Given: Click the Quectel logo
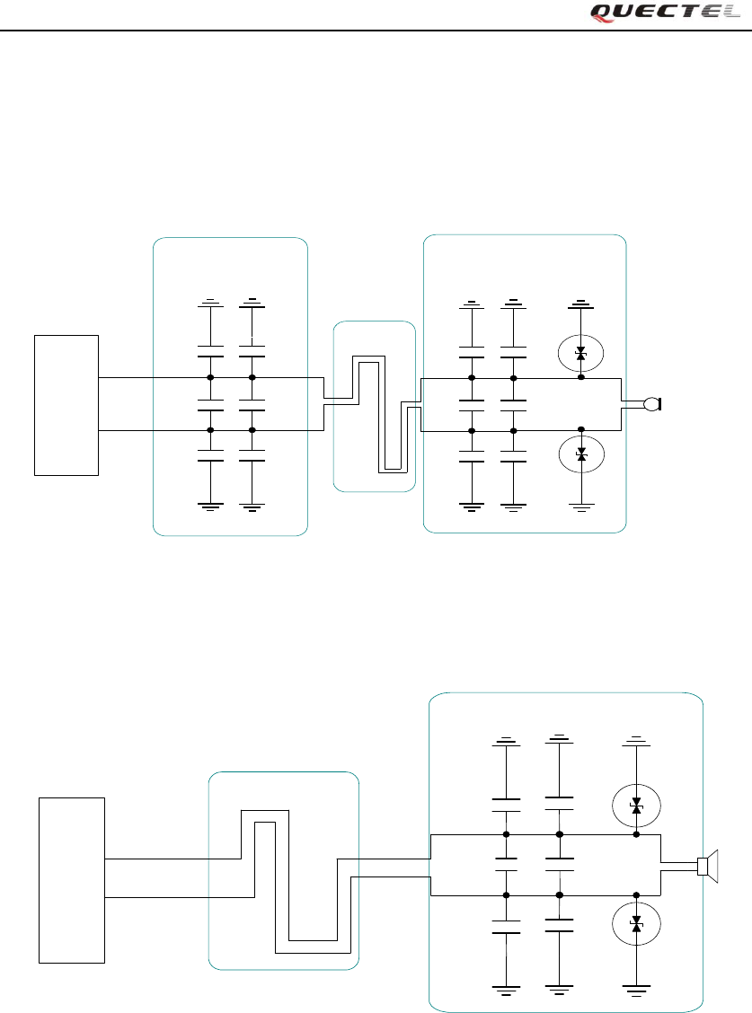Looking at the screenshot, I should [666, 12].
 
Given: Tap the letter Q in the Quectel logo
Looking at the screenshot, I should [601, 12].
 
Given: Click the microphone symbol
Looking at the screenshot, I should [653, 405].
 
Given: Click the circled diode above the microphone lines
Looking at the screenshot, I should [580, 355].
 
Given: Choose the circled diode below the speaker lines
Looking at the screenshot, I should [636, 922].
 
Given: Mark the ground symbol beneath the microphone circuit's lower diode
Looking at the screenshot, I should [581, 508].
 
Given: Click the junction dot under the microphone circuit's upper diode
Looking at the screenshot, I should [581, 378].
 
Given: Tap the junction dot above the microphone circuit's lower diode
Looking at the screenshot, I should [581, 430].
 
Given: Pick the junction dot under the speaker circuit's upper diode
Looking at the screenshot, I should [636, 834].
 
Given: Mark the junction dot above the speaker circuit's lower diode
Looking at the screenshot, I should [636, 894].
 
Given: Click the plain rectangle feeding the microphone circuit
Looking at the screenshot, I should [66, 404].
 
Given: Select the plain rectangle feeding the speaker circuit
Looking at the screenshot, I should [72, 879].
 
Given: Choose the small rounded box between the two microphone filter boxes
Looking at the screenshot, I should [375, 406].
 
